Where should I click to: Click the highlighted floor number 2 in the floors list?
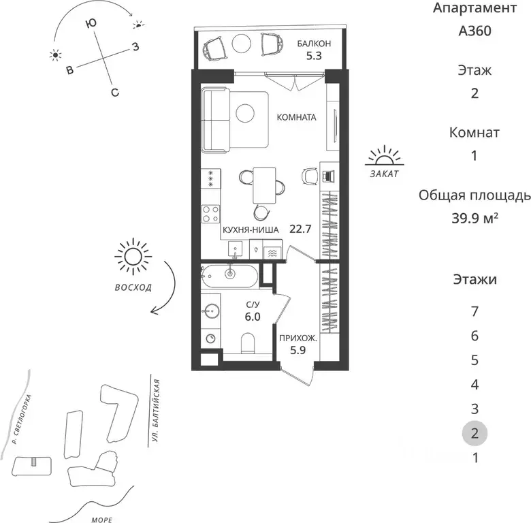tap(474, 433)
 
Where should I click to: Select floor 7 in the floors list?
tap(474, 311)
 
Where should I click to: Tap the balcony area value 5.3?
tap(314, 56)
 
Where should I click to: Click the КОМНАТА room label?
tap(296, 117)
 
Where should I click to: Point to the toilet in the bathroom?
tap(248, 343)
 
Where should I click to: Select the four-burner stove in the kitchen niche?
tap(210, 214)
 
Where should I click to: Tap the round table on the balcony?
tap(242, 43)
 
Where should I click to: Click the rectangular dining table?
tap(264, 185)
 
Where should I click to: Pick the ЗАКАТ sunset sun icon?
tap(384, 156)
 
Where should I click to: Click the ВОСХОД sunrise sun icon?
tap(133, 257)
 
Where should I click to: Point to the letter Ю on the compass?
tap(91, 23)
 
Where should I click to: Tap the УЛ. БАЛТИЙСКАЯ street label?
tap(156, 410)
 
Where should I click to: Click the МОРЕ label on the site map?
tap(101, 520)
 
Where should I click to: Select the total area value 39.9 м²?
tap(474, 218)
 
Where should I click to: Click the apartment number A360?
tap(474, 31)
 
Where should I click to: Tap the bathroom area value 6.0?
tap(253, 317)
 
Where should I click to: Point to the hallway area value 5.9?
tap(298, 350)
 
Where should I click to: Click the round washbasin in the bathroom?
tap(210, 310)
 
